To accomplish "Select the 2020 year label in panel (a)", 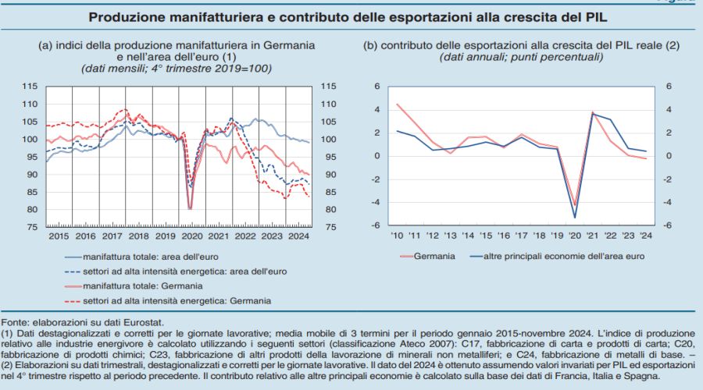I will point(192,236).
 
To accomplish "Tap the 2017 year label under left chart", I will point(112,236).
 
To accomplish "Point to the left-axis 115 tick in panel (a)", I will point(30,87).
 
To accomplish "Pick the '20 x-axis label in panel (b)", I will point(574,235).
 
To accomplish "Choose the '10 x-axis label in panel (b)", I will point(398,235).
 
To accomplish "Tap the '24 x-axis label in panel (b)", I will point(644,235).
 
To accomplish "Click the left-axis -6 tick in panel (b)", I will point(376,226).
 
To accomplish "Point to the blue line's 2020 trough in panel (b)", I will point(575,218).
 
